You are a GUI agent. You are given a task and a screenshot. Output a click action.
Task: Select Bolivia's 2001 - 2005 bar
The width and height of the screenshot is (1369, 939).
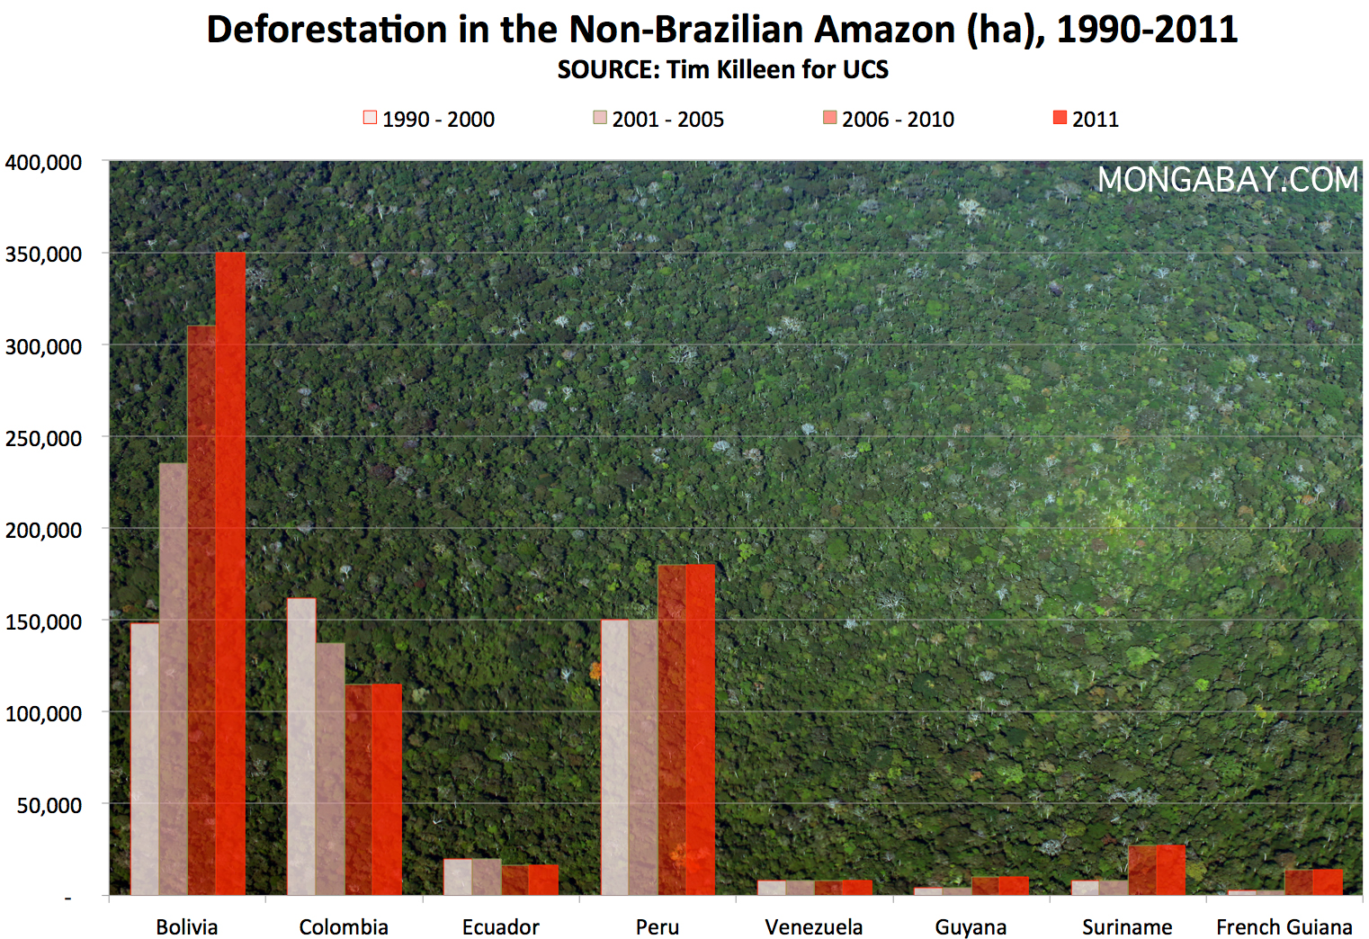tap(174, 679)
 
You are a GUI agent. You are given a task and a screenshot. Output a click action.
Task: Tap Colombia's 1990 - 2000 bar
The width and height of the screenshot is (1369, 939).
tap(301, 747)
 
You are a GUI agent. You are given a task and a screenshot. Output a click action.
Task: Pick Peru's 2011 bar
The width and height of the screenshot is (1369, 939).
tap(701, 729)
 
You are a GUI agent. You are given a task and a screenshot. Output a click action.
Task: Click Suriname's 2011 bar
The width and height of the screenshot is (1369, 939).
tap(1170, 870)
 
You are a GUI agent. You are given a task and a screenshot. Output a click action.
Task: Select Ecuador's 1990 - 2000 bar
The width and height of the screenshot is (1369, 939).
tap(458, 877)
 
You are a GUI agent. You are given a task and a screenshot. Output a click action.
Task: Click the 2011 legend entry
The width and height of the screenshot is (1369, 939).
tap(1086, 119)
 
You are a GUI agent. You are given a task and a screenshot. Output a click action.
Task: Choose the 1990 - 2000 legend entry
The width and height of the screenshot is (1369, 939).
tap(429, 119)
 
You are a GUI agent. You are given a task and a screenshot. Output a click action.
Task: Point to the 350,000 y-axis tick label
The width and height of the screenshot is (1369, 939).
tap(43, 255)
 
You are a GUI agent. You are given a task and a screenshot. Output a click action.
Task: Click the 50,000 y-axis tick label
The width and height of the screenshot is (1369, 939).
tap(49, 805)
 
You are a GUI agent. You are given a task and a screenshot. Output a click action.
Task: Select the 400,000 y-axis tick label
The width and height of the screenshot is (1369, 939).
tap(43, 163)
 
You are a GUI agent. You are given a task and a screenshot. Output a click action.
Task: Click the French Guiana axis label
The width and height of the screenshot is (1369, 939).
tap(1284, 926)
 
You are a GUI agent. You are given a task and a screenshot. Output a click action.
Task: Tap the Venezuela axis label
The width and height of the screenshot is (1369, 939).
tap(813, 926)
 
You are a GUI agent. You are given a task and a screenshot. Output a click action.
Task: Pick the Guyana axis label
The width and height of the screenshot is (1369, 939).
tap(971, 926)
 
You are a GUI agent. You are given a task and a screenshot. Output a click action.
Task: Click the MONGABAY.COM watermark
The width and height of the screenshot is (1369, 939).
tap(1227, 180)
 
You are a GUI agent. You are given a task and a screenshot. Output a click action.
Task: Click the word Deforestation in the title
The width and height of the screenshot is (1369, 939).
tap(327, 30)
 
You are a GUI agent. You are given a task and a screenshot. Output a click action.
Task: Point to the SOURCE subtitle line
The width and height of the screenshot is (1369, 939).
tap(722, 69)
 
